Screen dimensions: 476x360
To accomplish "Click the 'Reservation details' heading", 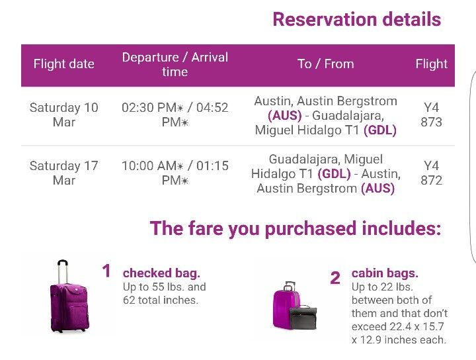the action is (357, 19).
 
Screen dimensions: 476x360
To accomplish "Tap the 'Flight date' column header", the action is (63, 64).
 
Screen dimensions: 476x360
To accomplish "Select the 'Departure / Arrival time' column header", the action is (175, 64).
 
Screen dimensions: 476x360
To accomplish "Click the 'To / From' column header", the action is (325, 64).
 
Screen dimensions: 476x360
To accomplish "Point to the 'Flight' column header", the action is (431, 64).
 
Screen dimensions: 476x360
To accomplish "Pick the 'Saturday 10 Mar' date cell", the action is (63, 114).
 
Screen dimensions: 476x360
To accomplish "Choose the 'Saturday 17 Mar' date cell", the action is (63, 173).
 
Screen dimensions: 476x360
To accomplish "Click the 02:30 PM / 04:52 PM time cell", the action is (175, 114).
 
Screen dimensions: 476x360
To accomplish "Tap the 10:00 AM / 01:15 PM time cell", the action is (175, 173).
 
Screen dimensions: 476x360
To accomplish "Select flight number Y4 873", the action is (431, 114).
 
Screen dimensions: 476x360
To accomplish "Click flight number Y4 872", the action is (431, 173).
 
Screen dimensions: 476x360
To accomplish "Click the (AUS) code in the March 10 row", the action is (285, 115).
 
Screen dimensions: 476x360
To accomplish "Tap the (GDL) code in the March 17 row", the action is (334, 174).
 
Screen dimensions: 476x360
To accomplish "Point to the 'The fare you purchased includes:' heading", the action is (296, 228).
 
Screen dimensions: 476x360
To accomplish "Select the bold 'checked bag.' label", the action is (161, 273).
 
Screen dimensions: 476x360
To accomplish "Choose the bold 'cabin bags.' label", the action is (385, 273).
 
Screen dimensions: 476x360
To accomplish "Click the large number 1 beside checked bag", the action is (106, 271).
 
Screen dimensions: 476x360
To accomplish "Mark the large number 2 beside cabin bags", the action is (335, 278).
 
